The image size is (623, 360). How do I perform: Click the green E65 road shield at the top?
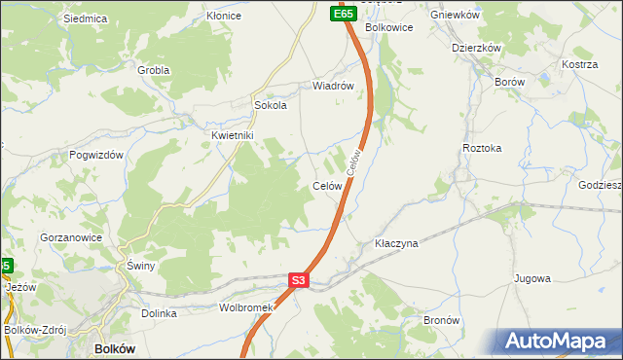coord(342,14)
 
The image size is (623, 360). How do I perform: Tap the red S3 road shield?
coord(299,281)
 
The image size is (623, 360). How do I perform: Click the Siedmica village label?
coord(84,18)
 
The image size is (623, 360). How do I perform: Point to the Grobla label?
coord(154,70)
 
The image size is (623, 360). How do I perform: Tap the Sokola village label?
coord(270,106)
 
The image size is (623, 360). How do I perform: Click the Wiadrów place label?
coord(331,86)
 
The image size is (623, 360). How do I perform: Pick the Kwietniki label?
coord(233,136)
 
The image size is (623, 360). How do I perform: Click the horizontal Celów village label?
coord(326,186)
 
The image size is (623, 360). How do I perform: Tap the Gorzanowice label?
coord(70,237)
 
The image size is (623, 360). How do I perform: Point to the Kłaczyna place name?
coord(396,243)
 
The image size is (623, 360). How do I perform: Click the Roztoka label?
coord(482,148)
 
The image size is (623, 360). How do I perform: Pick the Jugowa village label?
coord(532,278)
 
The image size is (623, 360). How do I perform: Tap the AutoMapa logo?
coord(559,342)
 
